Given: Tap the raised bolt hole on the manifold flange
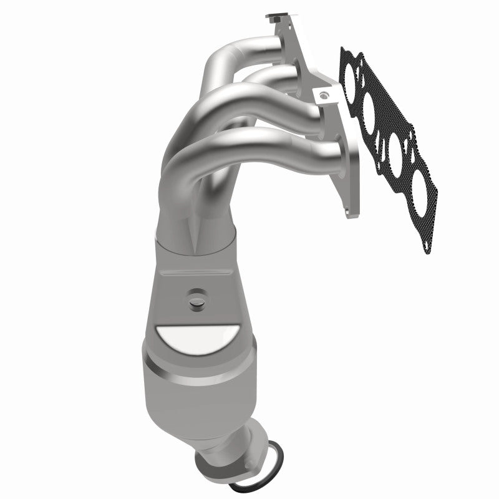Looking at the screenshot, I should click(x=324, y=95).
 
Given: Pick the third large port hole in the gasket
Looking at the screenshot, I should click(x=397, y=147).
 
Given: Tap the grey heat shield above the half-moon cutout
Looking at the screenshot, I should click(x=187, y=274).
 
